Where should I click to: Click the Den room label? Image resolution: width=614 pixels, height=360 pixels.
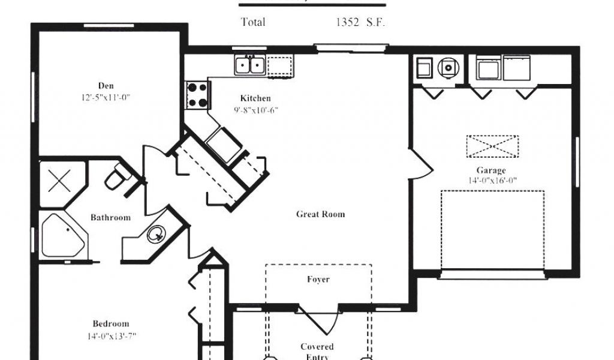[x=106, y=85]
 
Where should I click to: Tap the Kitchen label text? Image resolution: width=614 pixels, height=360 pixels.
[x=255, y=98]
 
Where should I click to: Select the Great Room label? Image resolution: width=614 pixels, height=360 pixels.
[x=321, y=214]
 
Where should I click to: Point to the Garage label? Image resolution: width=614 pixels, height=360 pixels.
[x=491, y=170]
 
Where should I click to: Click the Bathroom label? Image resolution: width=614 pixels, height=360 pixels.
[x=110, y=217]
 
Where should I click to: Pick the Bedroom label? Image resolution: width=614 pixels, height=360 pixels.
[x=110, y=324]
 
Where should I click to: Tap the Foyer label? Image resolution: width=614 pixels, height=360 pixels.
[x=318, y=279]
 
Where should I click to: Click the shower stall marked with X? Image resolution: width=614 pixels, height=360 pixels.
[x=58, y=181]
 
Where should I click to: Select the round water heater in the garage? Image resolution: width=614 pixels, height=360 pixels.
[x=447, y=68]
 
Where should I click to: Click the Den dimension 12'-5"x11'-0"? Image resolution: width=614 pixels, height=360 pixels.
[x=107, y=97]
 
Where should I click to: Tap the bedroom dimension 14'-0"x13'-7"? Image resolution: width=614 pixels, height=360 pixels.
[x=111, y=336]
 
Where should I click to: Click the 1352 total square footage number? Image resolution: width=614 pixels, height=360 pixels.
[x=347, y=22]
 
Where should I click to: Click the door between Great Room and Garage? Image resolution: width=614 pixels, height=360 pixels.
[x=419, y=164]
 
